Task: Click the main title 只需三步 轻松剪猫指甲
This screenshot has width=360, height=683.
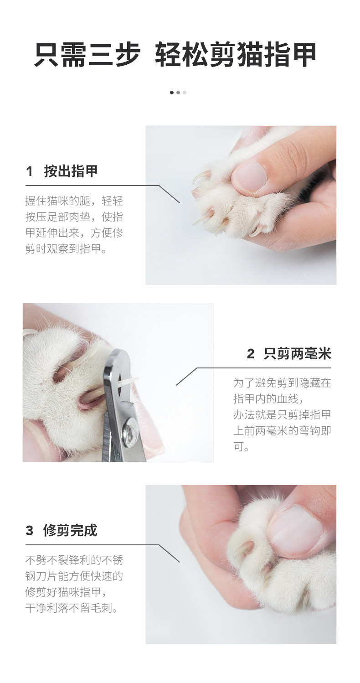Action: point(175,55)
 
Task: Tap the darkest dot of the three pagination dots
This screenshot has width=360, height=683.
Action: point(172,93)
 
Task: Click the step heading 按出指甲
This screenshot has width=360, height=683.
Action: point(71,171)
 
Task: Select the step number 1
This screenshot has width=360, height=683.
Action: point(29,171)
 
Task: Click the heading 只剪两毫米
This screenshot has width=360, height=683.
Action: point(297,354)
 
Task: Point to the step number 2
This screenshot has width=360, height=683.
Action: point(251,354)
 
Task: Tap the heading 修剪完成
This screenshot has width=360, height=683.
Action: point(70,530)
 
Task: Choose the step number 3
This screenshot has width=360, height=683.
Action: point(29,531)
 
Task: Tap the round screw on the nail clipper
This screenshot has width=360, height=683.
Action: point(129,429)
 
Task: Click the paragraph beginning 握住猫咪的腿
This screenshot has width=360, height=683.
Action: point(74,225)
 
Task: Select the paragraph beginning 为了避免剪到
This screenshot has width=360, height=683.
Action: point(282,414)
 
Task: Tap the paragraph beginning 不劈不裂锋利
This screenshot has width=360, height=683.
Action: point(74,584)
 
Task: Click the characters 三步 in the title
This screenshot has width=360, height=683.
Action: point(114,55)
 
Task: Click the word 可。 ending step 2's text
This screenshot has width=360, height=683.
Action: point(241,446)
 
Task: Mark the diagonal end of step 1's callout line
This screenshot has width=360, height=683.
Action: point(180,203)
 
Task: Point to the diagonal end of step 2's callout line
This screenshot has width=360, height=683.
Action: point(176,385)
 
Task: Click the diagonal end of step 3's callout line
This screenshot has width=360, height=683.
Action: point(180,562)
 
